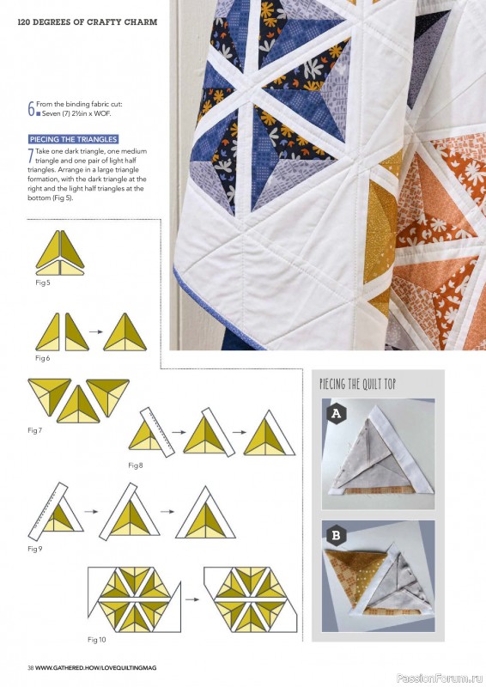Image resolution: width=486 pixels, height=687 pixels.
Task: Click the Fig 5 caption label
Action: pyautogui.click(x=43, y=283)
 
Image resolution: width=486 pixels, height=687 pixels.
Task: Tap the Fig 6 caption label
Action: pyautogui.click(x=43, y=358)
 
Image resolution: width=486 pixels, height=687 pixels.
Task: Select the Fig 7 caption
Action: pyautogui.click(x=34, y=430)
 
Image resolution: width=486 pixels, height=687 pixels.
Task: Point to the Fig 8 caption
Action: pyautogui.click(x=136, y=465)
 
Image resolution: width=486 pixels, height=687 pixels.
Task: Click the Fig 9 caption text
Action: pyautogui.click(x=34, y=549)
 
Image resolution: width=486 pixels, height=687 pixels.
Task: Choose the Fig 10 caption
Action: pyautogui.click(x=96, y=640)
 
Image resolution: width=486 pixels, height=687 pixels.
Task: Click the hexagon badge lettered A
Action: pyautogui.click(x=336, y=413)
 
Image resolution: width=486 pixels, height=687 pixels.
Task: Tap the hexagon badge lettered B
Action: pyautogui.click(x=336, y=535)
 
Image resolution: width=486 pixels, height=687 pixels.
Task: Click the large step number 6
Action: pyautogui.click(x=31, y=109)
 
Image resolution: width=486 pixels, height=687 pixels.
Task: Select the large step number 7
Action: pyautogui.click(x=31, y=156)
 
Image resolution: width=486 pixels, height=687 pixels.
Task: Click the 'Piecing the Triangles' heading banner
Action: pyautogui.click(x=73, y=139)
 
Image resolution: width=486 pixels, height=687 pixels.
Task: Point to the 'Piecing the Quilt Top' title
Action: pyautogui.click(x=357, y=384)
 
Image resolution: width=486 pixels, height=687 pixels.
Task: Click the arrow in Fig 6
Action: pyautogui.click(x=96, y=331)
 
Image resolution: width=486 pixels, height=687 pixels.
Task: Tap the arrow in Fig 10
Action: pyautogui.click(x=192, y=599)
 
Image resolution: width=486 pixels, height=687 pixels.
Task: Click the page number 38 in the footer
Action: pyautogui.click(x=31, y=668)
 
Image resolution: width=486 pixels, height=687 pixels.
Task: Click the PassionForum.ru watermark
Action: pyautogui.click(x=440, y=678)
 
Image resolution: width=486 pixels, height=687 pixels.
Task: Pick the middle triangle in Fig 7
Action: pyautogui.click(x=78, y=405)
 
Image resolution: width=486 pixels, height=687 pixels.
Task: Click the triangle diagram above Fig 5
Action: pyautogui.click(x=60, y=252)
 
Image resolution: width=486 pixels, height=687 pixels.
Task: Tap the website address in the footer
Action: pyautogui.click(x=95, y=668)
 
